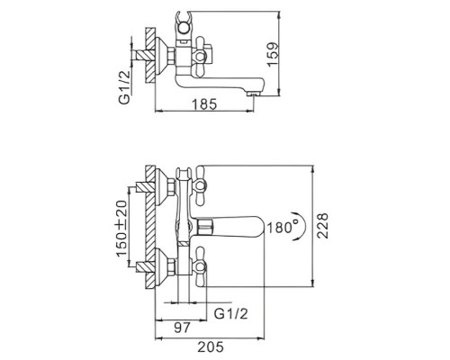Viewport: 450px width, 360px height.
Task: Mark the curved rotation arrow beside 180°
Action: pos(307,226)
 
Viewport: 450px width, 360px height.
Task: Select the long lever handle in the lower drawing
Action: pos(234,225)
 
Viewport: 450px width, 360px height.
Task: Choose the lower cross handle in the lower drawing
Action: pos(197,268)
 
